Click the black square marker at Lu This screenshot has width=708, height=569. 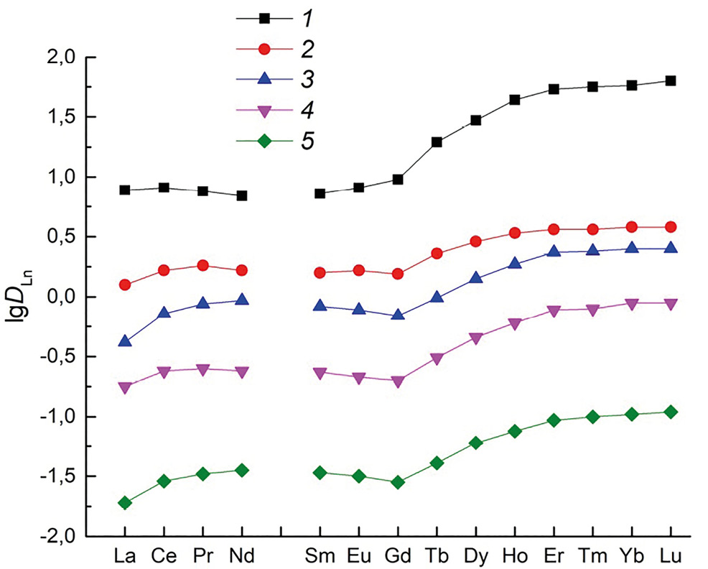[671, 80]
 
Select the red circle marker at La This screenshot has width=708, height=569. [125, 284]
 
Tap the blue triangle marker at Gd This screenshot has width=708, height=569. [398, 315]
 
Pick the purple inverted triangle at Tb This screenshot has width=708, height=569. [437, 358]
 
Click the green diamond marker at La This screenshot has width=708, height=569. [125, 503]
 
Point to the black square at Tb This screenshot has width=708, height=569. [437, 142]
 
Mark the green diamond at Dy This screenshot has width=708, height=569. [475, 443]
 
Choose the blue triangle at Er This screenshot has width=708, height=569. [554, 251]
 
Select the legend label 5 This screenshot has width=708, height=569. [304, 140]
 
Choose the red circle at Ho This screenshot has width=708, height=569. [515, 233]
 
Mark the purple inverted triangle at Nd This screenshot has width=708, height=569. [241, 372]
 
